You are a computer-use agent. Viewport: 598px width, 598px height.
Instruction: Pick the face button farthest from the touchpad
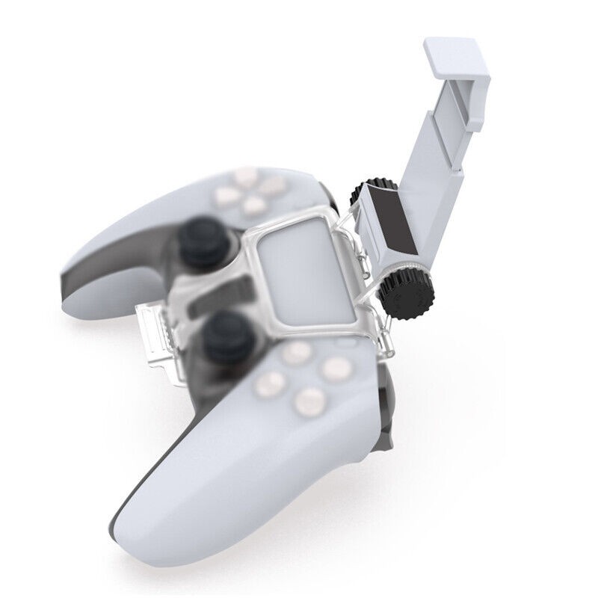point(306,404)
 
